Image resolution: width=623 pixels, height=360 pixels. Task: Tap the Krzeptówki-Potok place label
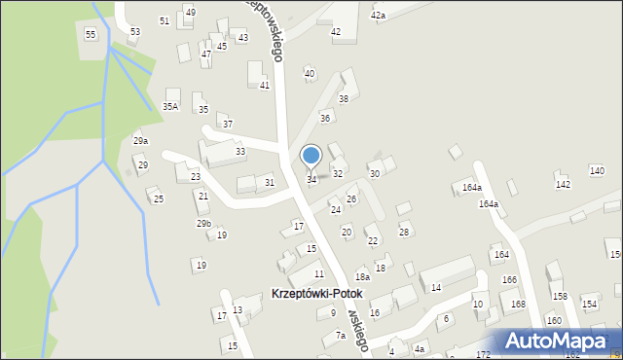click(315, 293)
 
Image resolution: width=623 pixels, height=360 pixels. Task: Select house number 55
click(91, 34)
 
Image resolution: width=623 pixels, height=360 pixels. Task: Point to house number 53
click(134, 31)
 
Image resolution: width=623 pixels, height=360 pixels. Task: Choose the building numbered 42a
click(378, 16)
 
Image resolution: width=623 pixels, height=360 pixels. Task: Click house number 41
click(264, 86)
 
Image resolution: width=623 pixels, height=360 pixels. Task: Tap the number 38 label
click(343, 99)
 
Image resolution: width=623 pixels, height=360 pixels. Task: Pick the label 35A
click(170, 107)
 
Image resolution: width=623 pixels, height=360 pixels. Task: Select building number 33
click(239, 152)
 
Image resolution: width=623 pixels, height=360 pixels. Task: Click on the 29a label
click(141, 141)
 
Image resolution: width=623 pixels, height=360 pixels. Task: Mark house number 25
click(159, 199)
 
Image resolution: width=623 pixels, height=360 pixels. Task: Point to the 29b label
click(203, 224)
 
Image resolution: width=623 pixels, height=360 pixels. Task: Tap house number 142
click(563, 184)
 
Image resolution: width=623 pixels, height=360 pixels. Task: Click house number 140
click(597, 171)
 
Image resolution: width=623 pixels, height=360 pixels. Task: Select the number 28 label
click(404, 231)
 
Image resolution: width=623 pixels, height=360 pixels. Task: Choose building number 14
click(436, 287)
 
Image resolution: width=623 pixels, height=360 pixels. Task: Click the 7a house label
click(341, 335)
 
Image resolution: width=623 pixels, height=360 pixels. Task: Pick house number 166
click(509, 279)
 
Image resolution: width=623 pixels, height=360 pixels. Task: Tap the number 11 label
click(318, 274)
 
